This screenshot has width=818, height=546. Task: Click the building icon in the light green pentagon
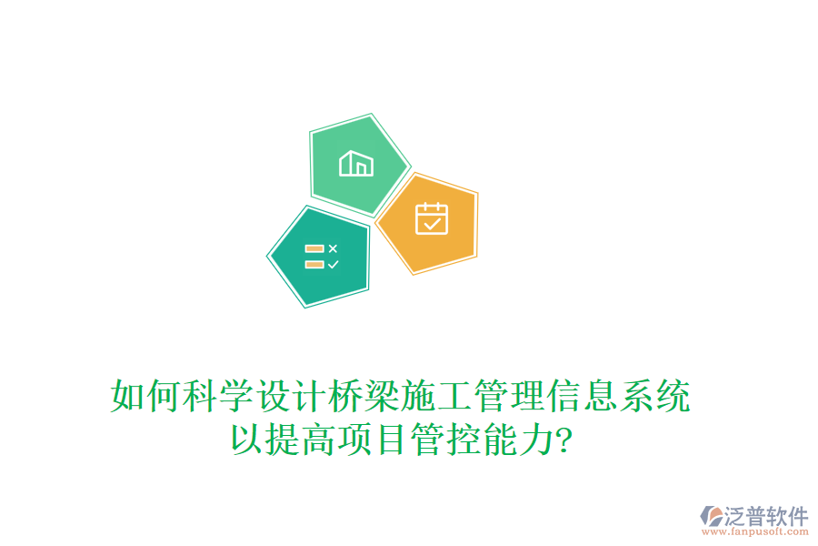tap(355, 164)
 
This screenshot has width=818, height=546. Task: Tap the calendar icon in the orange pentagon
tap(431, 219)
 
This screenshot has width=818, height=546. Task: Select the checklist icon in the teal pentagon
tap(321, 256)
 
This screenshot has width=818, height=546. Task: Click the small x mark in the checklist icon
tap(333, 248)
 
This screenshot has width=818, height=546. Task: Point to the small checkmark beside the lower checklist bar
tap(333, 264)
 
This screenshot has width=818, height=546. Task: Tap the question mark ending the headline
tap(564, 442)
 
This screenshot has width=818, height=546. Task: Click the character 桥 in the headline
tap(346, 398)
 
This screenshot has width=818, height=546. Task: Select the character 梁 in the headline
tap(383, 398)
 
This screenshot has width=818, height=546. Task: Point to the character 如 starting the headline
tap(128, 398)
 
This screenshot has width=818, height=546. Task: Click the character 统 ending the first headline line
tap(673, 398)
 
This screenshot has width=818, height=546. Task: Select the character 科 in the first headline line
tap(201, 398)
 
